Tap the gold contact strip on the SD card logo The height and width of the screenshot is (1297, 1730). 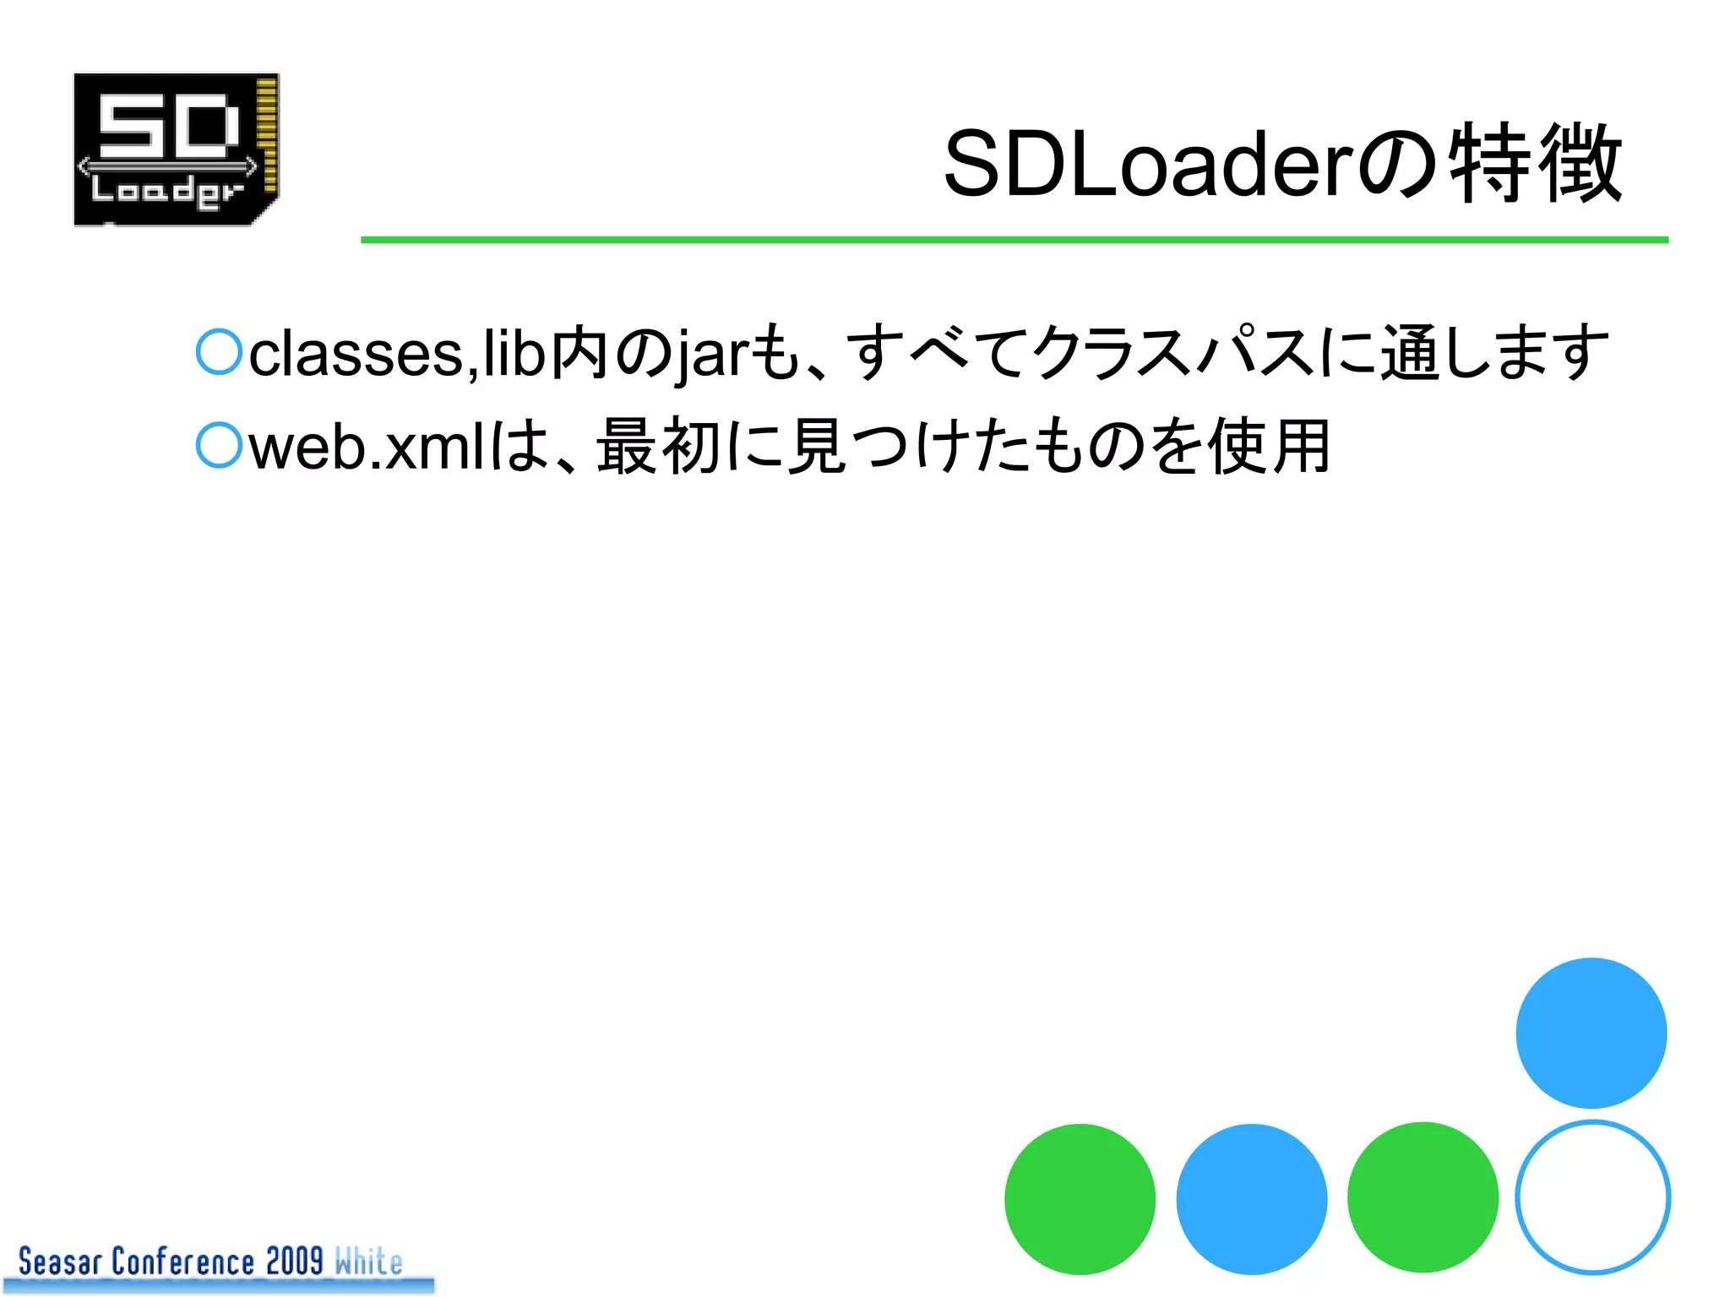pyautogui.click(x=267, y=135)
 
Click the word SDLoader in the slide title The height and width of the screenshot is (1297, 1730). pyautogui.click(x=1149, y=165)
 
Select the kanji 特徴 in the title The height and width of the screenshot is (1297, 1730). pyautogui.click(x=1536, y=163)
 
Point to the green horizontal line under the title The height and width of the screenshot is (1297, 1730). pyautogui.click(x=1014, y=240)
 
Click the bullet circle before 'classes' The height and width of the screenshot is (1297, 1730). pyautogui.click(x=220, y=352)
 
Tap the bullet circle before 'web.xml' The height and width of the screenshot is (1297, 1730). pyautogui.click(x=220, y=445)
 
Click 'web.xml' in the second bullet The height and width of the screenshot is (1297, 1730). pyautogui.click(x=367, y=448)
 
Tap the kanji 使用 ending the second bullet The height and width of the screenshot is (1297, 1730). pyautogui.click(x=1270, y=446)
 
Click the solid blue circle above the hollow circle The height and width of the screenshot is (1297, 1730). pyautogui.click(x=1591, y=1033)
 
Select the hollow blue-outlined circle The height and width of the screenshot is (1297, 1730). pyautogui.click(x=1592, y=1197)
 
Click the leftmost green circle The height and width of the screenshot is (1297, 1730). pyautogui.click(x=1080, y=1199)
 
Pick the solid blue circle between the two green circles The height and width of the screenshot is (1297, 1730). pyautogui.click(x=1252, y=1199)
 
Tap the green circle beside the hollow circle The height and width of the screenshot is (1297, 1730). pyautogui.click(x=1423, y=1197)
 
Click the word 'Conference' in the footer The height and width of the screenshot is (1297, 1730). pyautogui.click(x=182, y=1262)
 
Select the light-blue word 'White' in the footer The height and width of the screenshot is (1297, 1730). pyautogui.click(x=368, y=1262)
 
